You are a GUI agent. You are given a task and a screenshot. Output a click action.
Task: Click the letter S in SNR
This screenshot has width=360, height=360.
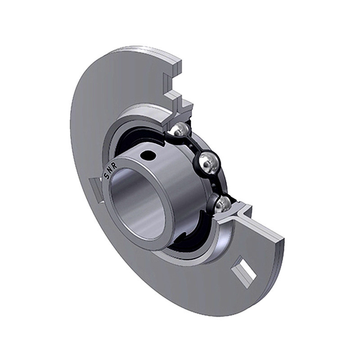107,176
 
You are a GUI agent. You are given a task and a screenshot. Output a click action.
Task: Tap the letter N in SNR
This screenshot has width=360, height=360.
110,171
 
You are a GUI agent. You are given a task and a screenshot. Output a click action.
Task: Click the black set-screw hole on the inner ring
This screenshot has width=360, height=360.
148,156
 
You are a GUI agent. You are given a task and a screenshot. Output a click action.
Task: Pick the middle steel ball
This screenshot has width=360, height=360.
208,162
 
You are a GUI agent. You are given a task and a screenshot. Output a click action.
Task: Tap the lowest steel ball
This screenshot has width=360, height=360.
223,204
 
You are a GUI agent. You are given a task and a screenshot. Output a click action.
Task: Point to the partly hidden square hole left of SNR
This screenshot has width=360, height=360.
95,189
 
